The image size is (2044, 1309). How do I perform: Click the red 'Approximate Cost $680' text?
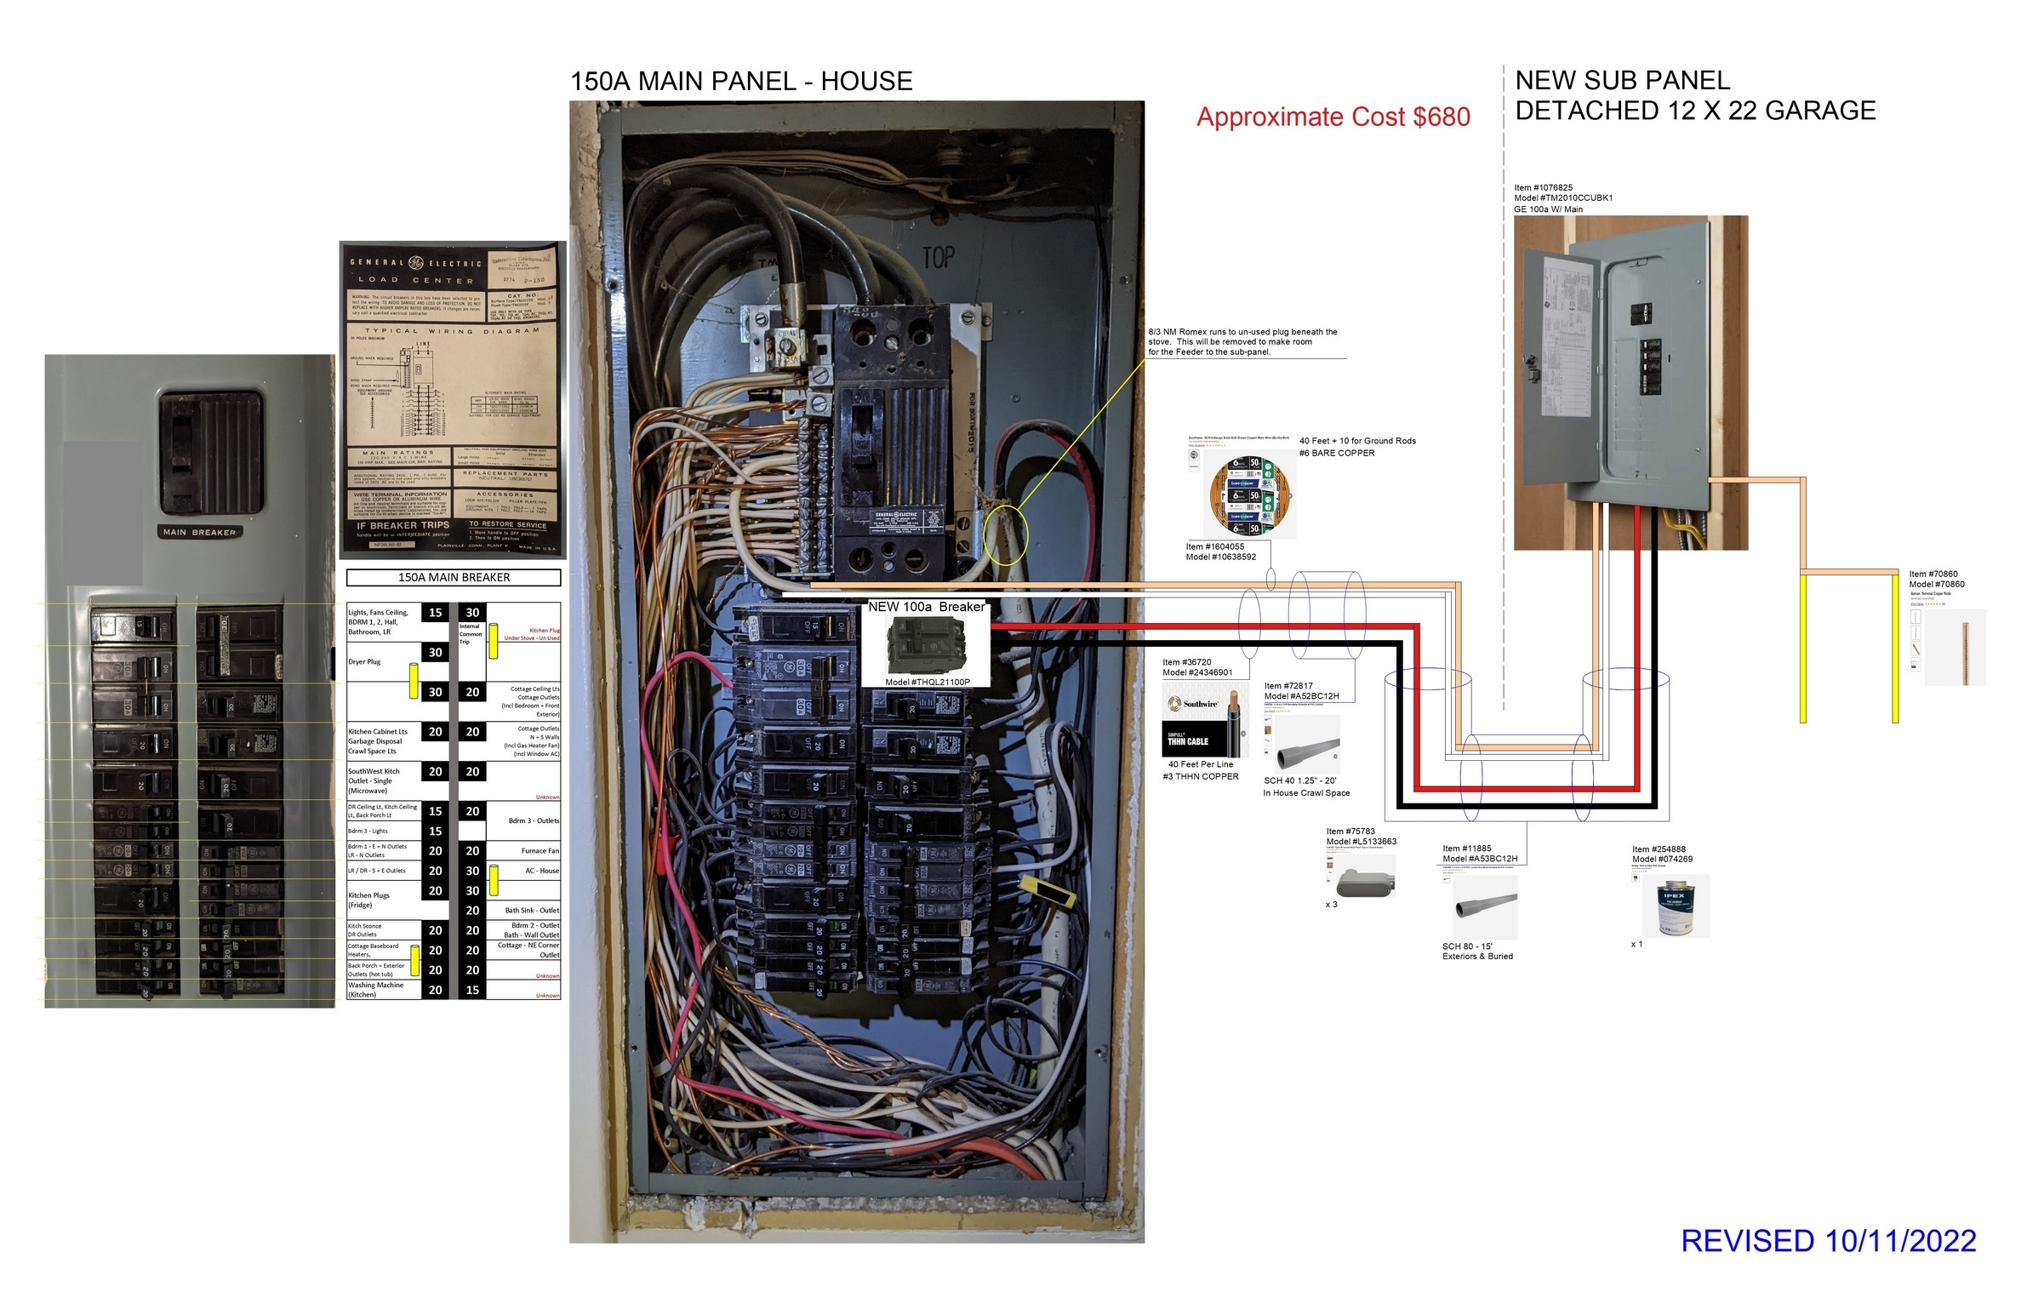1333,117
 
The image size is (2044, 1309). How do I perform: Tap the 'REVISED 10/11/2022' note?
1828,1241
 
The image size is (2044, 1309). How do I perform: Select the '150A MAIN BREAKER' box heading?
454,578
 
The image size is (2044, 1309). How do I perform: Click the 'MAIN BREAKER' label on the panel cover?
199,532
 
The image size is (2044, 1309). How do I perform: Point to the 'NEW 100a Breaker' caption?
926,607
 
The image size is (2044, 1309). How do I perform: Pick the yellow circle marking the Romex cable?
1005,535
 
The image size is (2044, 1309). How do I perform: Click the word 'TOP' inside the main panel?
939,257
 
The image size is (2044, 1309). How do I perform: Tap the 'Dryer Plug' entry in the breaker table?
364,662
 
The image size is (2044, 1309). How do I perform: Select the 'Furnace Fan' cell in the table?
540,851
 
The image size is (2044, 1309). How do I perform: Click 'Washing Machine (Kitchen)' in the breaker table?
375,990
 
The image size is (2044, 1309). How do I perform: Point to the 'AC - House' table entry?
542,871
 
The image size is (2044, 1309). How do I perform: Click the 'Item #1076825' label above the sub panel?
1543,188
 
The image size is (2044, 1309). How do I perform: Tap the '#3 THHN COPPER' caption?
1200,776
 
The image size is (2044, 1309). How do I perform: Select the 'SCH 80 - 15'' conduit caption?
1467,946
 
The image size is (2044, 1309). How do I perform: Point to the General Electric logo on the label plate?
416,262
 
